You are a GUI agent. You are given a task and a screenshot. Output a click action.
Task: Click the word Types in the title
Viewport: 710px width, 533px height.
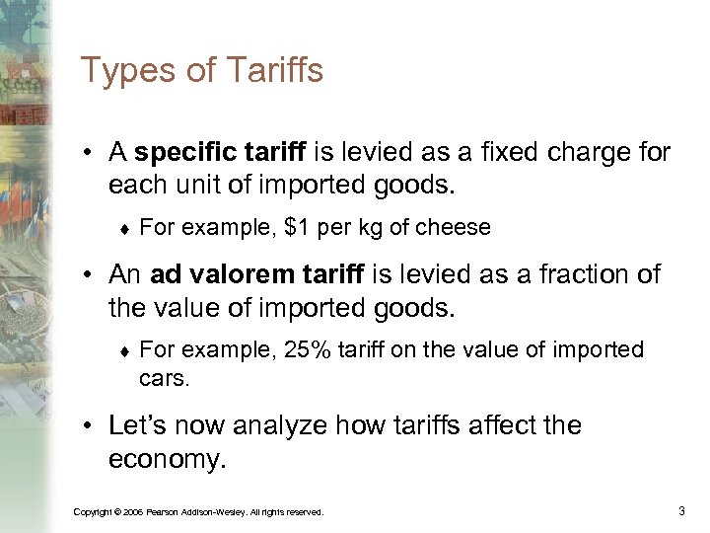pos(122,71)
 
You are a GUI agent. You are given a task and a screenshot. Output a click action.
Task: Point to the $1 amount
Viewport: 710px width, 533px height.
pos(295,227)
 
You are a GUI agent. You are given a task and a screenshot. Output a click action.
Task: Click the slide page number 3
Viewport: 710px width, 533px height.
pos(681,510)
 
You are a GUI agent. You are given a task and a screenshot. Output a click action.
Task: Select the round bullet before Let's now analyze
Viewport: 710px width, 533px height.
pos(89,426)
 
